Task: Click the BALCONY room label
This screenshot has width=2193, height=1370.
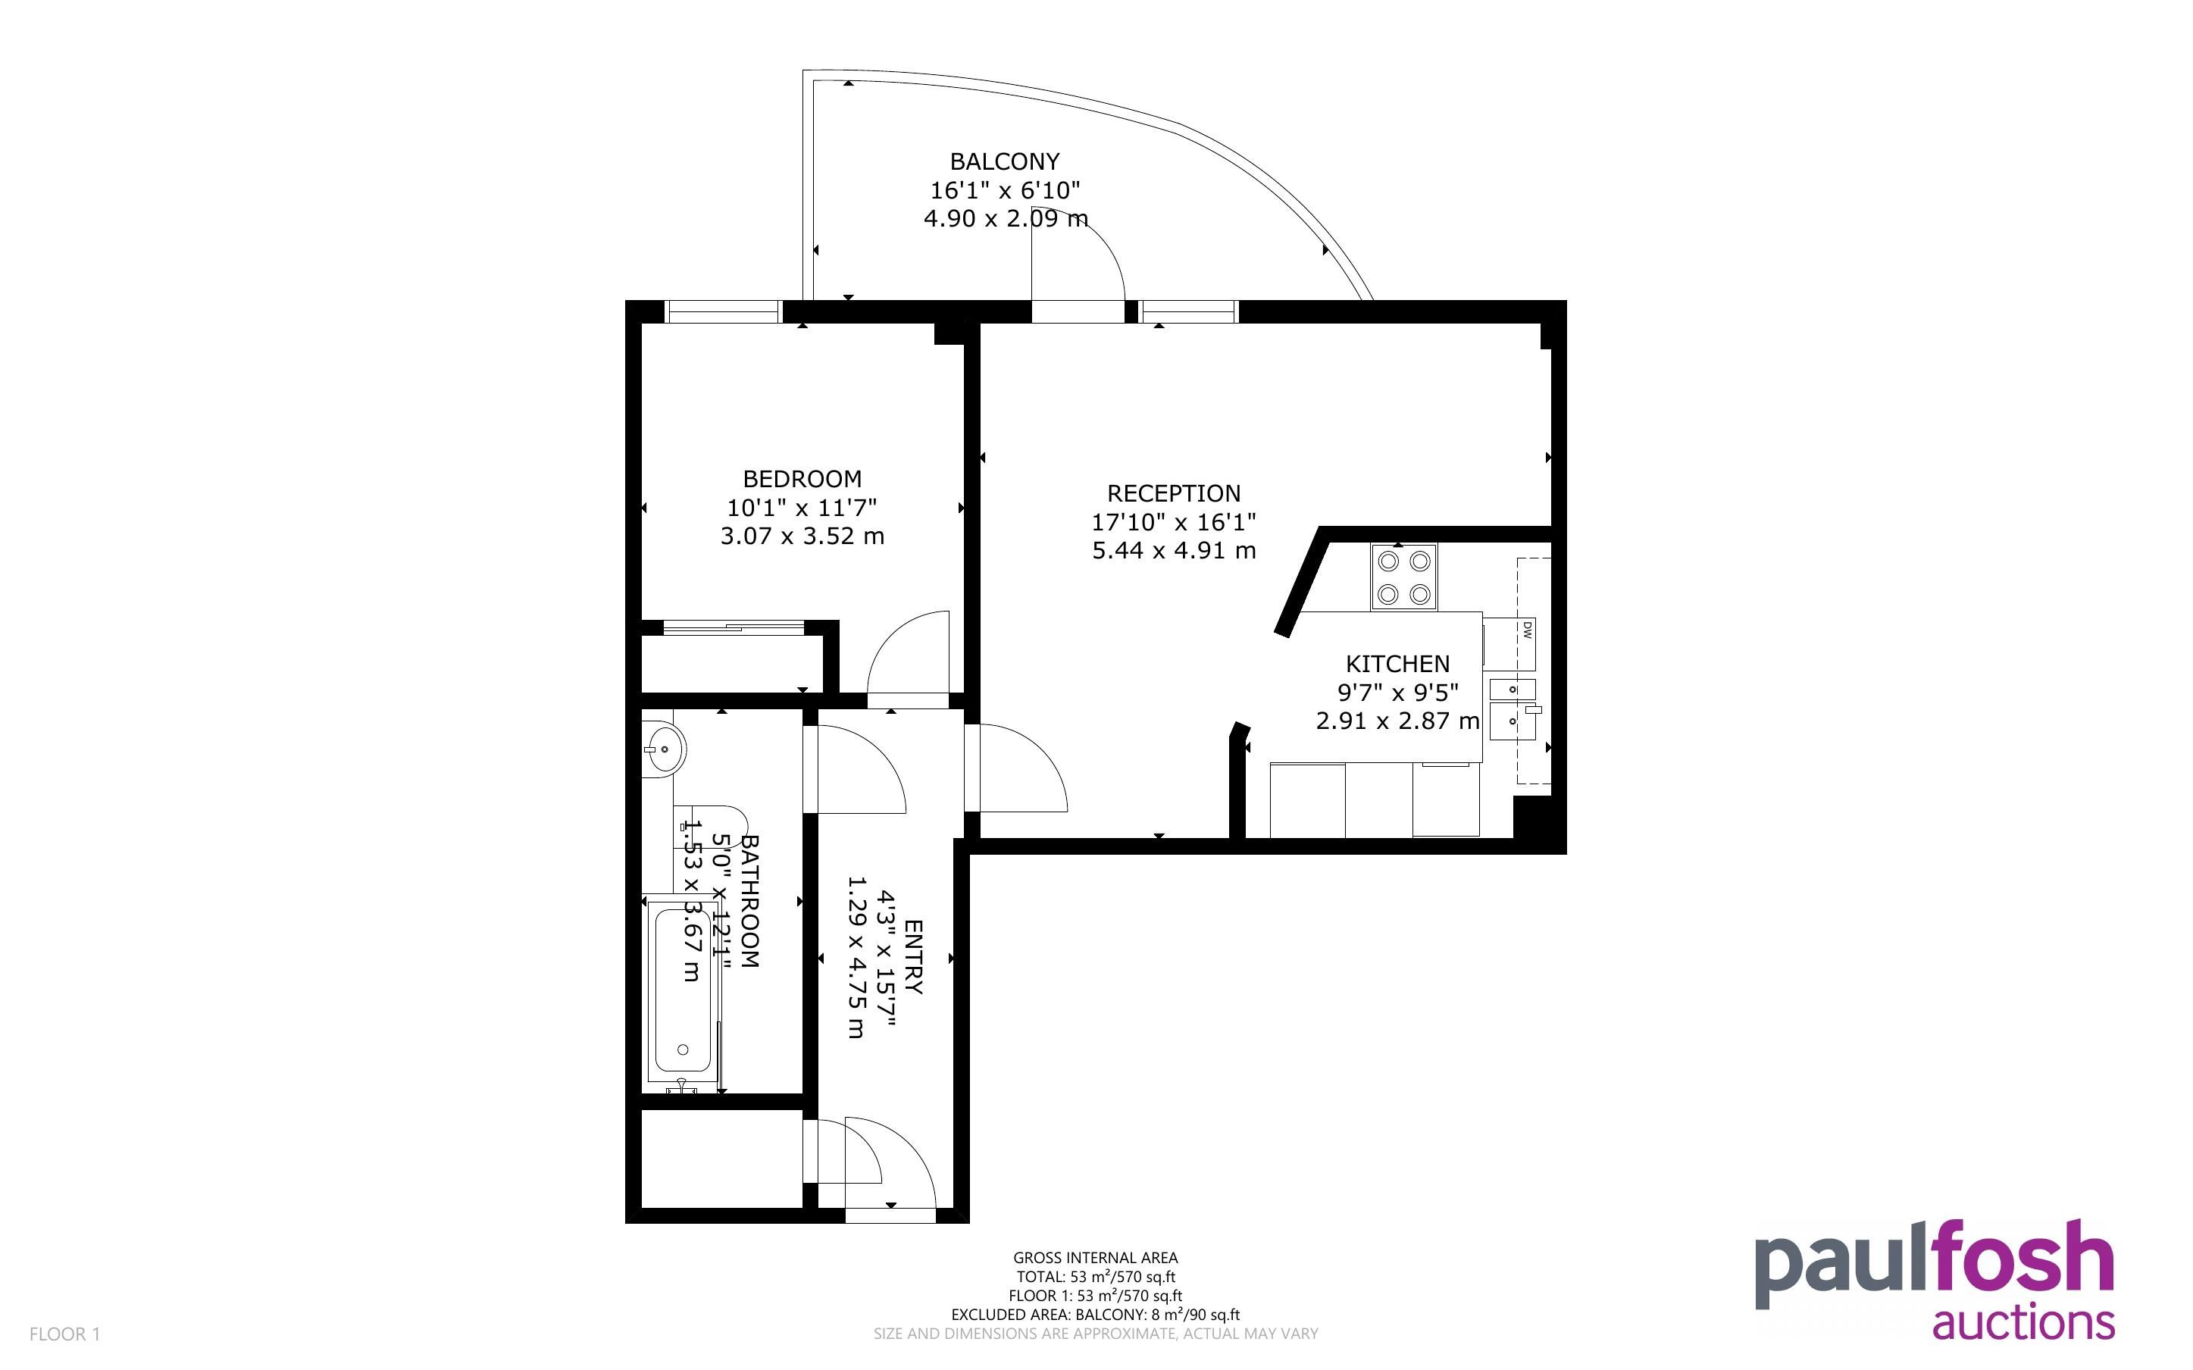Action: click(x=1003, y=161)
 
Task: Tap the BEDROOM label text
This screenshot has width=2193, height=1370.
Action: click(x=802, y=478)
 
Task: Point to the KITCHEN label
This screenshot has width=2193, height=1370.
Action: click(x=1397, y=663)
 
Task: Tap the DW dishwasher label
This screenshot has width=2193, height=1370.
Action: click(x=1526, y=629)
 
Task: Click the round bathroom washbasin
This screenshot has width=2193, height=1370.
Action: click(x=663, y=749)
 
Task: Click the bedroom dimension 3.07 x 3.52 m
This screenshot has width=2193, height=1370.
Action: click(x=802, y=536)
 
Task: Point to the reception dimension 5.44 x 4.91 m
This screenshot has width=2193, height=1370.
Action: click(x=1173, y=551)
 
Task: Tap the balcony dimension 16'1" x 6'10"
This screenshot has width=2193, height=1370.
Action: click(x=1006, y=190)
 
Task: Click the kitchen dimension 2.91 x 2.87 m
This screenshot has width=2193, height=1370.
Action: click(x=1397, y=721)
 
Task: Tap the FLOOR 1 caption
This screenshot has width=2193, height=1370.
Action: click(x=64, y=1334)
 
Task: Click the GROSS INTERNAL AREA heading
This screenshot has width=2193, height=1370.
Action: click(x=1095, y=1258)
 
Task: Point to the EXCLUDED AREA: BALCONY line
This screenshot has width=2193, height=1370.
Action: click(x=1095, y=1315)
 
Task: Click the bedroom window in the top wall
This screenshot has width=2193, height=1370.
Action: click(x=723, y=311)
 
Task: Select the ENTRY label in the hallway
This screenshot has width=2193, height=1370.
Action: click(x=913, y=957)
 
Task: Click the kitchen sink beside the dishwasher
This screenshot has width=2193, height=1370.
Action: click(x=1513, y=708)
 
